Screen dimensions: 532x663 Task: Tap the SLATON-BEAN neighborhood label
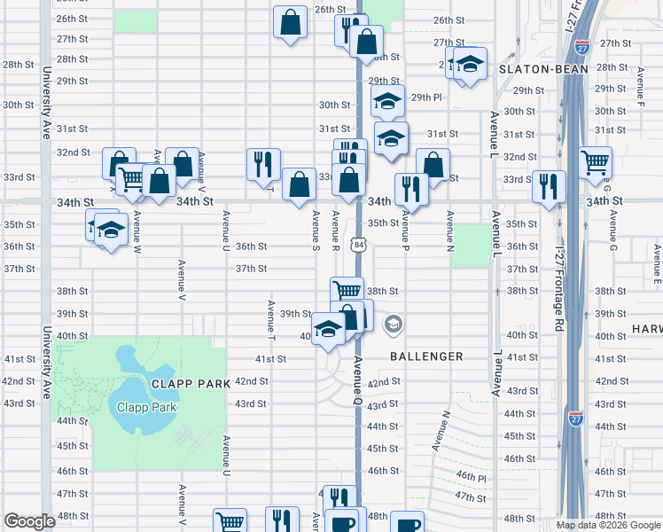539,67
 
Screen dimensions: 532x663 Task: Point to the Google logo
29,521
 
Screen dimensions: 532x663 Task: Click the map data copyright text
609,525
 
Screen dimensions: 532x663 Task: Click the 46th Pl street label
471,476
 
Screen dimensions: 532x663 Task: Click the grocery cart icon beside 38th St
347,290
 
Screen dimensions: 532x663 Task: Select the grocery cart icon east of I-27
596,162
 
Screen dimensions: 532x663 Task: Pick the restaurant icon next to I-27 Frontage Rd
549,185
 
